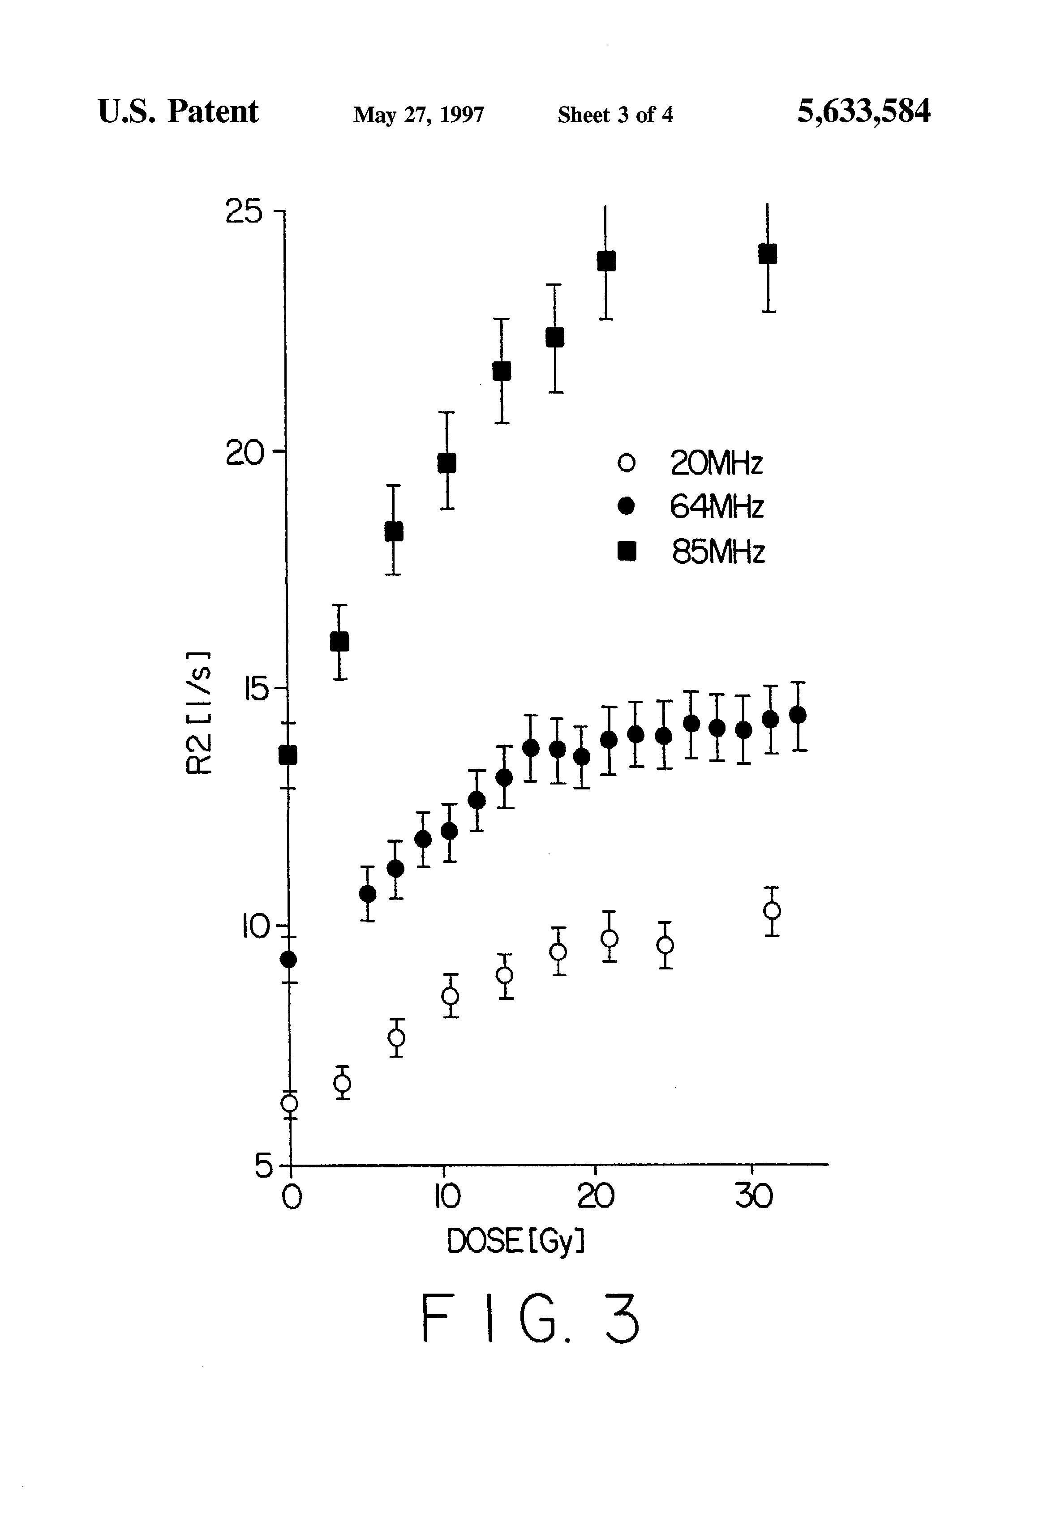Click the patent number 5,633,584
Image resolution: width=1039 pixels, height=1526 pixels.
point(863,111)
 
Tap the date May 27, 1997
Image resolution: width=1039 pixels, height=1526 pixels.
point(418,115)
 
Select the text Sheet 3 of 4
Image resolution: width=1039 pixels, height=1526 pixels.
point(615,115)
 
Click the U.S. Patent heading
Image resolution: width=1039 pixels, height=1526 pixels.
point(178,111)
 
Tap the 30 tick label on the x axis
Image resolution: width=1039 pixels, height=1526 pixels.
point(753,1196)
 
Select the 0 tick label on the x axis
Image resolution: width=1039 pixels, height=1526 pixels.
point(292,1197)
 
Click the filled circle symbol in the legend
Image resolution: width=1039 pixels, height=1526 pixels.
point(627,506)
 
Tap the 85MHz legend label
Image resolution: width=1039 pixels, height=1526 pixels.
point(718,552)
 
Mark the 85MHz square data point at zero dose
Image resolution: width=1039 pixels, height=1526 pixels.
point(288,756)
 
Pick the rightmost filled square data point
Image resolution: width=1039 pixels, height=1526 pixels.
point(767,254)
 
